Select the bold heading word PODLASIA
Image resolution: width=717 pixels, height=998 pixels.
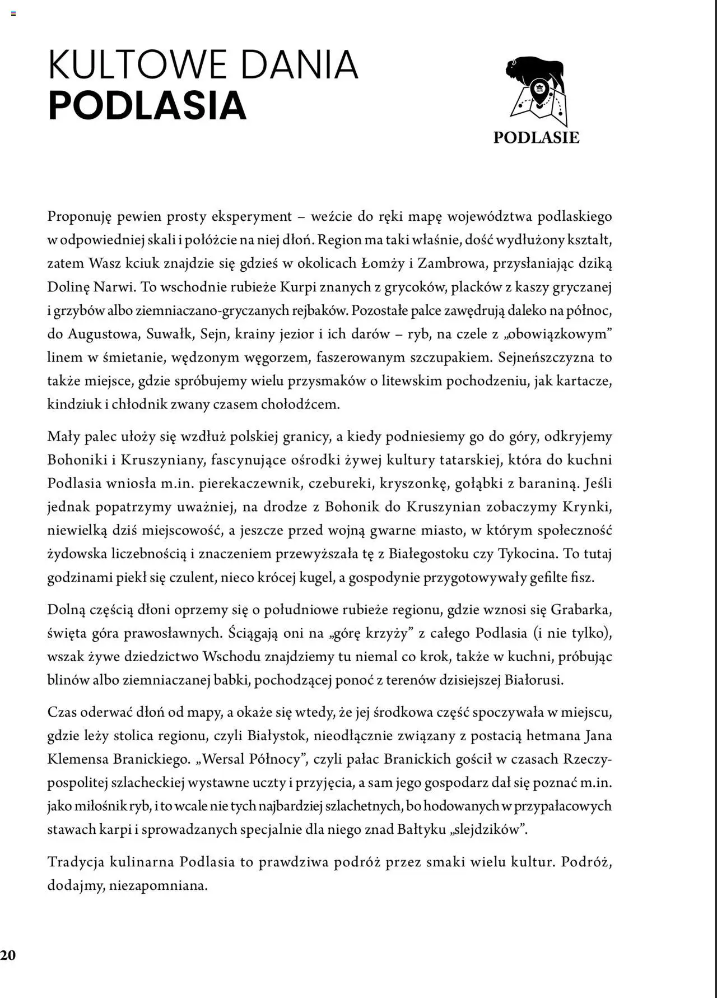tap(147, 105)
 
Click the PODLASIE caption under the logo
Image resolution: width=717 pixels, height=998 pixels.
tap(536, 138)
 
